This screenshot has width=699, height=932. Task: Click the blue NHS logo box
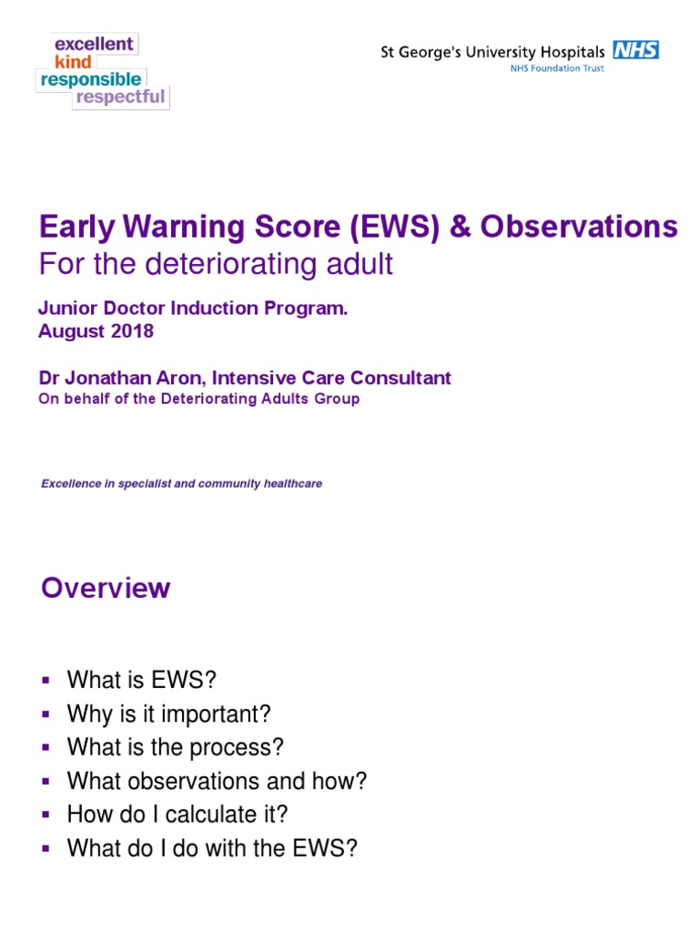pyautogui.click(x=635, y=51)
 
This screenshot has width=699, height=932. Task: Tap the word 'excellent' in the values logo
pyautogui.click(x=95, y=44)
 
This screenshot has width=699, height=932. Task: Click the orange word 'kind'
pyautogui.click(x=73, y=62)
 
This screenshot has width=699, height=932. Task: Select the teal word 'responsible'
pyautogui.click(x=90, y=80)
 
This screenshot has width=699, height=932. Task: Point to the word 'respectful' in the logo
pyautogui.click(x=121, y=97)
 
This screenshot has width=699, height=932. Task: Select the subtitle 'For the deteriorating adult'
pyautogui.click(x=216, y=264)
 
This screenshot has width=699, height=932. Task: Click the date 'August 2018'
pyautogui.click(x=96, y=331)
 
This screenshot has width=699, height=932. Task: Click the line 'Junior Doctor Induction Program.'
pyautogui.click(x=193, y=309)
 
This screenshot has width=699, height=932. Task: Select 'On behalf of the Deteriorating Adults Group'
pyautogui.click(x=198, y=399)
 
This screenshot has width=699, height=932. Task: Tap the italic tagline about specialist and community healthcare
pyautogui.click(x=181, y=483)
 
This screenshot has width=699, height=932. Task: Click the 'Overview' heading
pyautogui.click(x=106, y=588)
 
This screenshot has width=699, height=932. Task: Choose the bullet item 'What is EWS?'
pyautogui.click(x=143, y=680)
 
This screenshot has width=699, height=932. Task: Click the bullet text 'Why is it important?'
pyautogui.click(x=169, y=714)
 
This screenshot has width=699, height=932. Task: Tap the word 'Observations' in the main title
pyautogui.click(x=579, y=227)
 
